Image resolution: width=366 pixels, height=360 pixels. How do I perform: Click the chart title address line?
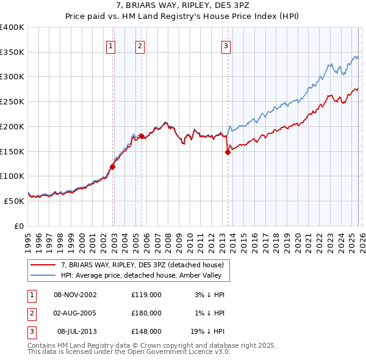tap(182, 6)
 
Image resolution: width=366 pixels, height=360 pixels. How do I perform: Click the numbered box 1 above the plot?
tap(111, 45)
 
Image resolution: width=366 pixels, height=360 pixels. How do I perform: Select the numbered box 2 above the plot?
tap(140, 45)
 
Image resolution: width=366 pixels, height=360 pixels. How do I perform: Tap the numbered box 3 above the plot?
tap(226, 45)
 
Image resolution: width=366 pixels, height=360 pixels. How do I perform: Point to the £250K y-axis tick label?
tap(12, 101)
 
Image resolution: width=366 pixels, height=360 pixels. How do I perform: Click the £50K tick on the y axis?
tap(15, 200)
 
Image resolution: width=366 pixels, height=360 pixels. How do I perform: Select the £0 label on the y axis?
tap(20, 225)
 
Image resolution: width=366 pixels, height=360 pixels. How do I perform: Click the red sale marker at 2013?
tap(228, 153)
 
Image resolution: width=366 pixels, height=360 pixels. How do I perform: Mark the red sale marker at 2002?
tap(112, 167)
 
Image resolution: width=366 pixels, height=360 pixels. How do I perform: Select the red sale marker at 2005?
tap(142, 136)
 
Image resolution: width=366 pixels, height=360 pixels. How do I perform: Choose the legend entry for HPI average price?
tap(145, 275)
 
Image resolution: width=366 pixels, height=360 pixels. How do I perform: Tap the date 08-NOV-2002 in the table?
tap(75, 295)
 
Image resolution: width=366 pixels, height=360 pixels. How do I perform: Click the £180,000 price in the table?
tap(146, 313)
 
